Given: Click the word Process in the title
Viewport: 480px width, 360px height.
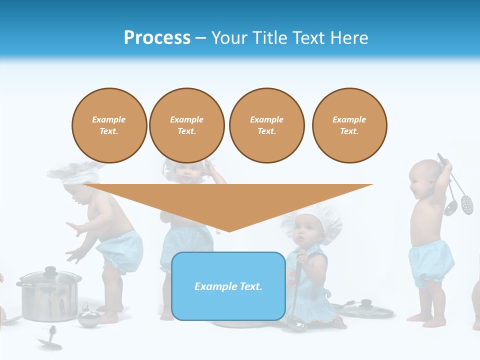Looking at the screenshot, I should click(157, 38).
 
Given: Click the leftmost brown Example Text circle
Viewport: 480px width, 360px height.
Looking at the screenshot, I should click(109, 125).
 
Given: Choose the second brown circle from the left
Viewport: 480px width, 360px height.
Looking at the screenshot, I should click(186, 125).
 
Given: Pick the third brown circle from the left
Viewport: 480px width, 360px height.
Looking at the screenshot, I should click(266, 125).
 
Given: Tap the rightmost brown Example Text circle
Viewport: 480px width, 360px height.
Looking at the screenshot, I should click(349, 125).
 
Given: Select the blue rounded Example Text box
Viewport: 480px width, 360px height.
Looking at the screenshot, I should click(228, 286).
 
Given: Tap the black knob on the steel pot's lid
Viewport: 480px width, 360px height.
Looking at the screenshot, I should click(50, 270).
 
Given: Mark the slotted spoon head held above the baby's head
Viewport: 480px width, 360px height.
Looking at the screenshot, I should click(466, 203).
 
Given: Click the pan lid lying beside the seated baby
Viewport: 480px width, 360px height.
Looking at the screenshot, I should click(367, 309).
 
